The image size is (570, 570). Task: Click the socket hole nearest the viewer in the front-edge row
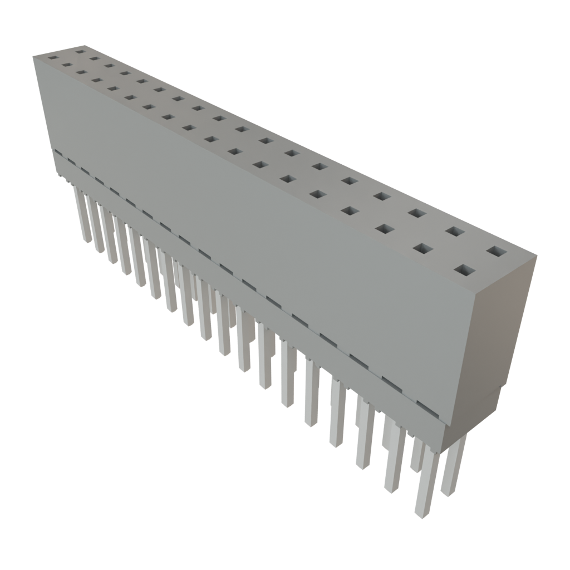click(465, 271)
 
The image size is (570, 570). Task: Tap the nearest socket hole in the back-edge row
click(497, 252)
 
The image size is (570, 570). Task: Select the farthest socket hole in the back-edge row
click(80, 52)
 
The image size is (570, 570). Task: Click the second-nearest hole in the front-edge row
click(424, 248)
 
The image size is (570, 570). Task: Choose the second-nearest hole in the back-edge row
click(454, 232)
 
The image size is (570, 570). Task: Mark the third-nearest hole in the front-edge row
click(384, 228)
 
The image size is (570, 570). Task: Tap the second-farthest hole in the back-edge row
click(94, 58)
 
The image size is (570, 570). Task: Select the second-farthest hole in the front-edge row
click(67, 65)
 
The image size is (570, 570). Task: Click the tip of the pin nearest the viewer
click(422, 513)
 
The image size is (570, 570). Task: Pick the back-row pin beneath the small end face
click(452, 490)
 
